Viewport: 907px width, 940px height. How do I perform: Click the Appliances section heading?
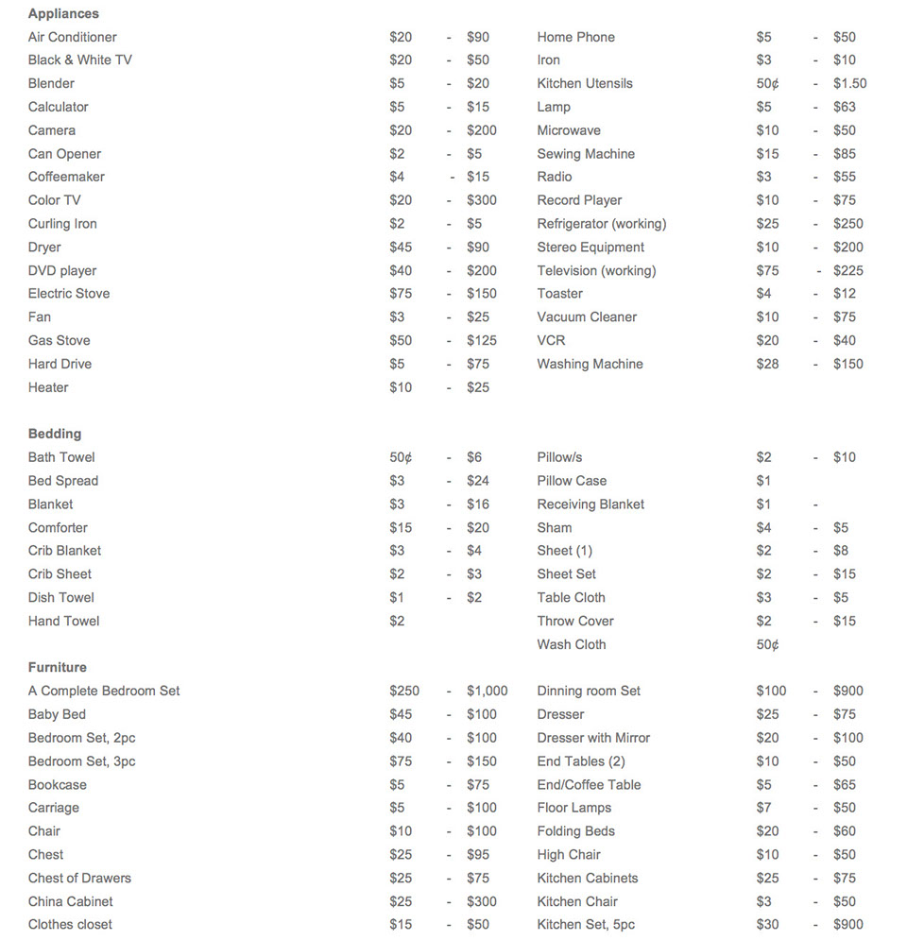point(63,14)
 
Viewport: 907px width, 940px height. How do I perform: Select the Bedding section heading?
point(55,434)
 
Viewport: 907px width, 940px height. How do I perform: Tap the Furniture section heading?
point(58,667)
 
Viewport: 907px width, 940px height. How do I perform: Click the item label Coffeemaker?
point(66,177)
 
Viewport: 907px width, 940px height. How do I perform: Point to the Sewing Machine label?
point(586,154)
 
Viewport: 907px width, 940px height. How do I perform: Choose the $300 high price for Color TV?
point(481,200)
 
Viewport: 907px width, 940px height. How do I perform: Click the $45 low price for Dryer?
point(401,248)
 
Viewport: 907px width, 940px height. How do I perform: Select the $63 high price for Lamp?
point(844,107)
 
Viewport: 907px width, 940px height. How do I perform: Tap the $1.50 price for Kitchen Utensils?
point(849,83)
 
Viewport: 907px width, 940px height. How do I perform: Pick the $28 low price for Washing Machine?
point(767,364)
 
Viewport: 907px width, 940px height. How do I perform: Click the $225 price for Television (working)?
point(847,271)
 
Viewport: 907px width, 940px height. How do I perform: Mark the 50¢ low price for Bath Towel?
point(401,457)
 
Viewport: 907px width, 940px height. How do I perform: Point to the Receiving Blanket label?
point(590,504)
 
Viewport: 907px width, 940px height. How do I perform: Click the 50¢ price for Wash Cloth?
point(767,644)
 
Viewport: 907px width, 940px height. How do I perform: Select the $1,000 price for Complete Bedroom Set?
point(487,691)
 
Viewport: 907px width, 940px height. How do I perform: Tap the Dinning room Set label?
point(589,691)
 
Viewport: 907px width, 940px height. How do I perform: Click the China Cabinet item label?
point(71,901)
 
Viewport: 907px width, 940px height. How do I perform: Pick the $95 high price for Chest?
point(478,854)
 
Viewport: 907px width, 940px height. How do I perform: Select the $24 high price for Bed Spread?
point(478,481)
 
